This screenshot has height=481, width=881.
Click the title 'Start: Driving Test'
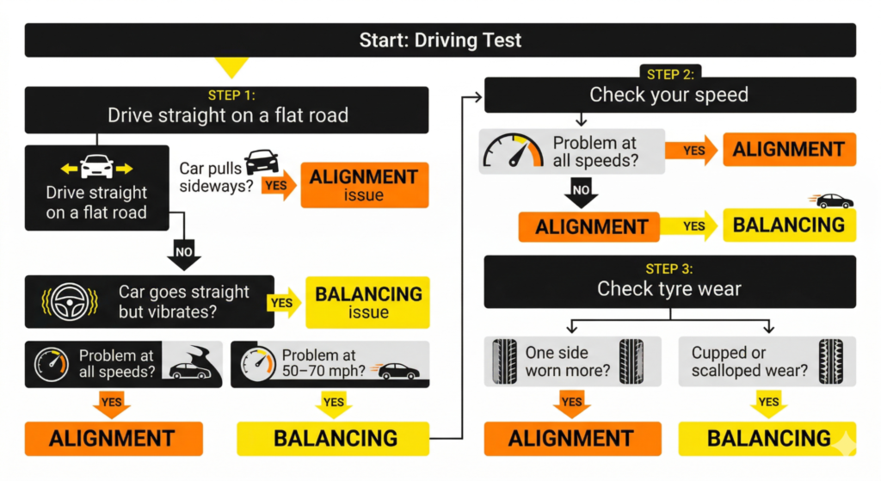click(x=440, y=40)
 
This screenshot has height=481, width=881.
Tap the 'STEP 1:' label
click(x=227, y=96)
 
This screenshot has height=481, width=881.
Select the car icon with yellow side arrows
click(x=96, y=167)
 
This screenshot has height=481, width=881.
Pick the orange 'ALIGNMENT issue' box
click(x=364, y=184)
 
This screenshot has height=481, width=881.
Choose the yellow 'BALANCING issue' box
click(x=368, y=302)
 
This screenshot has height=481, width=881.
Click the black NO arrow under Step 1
click(x=183, y=254)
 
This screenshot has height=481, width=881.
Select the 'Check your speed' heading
click(x=669, y=95)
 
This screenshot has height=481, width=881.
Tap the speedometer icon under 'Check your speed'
click(x=514, y=151)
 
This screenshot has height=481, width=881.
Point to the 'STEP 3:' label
click(x=669, y=268)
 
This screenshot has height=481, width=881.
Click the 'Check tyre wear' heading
click(x=669, y=289)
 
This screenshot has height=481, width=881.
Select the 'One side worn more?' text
click(x=570, y=361)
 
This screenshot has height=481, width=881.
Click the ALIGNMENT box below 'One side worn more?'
click(x=572, y=438)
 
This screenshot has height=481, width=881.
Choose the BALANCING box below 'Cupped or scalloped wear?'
click(x=768, y=438)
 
